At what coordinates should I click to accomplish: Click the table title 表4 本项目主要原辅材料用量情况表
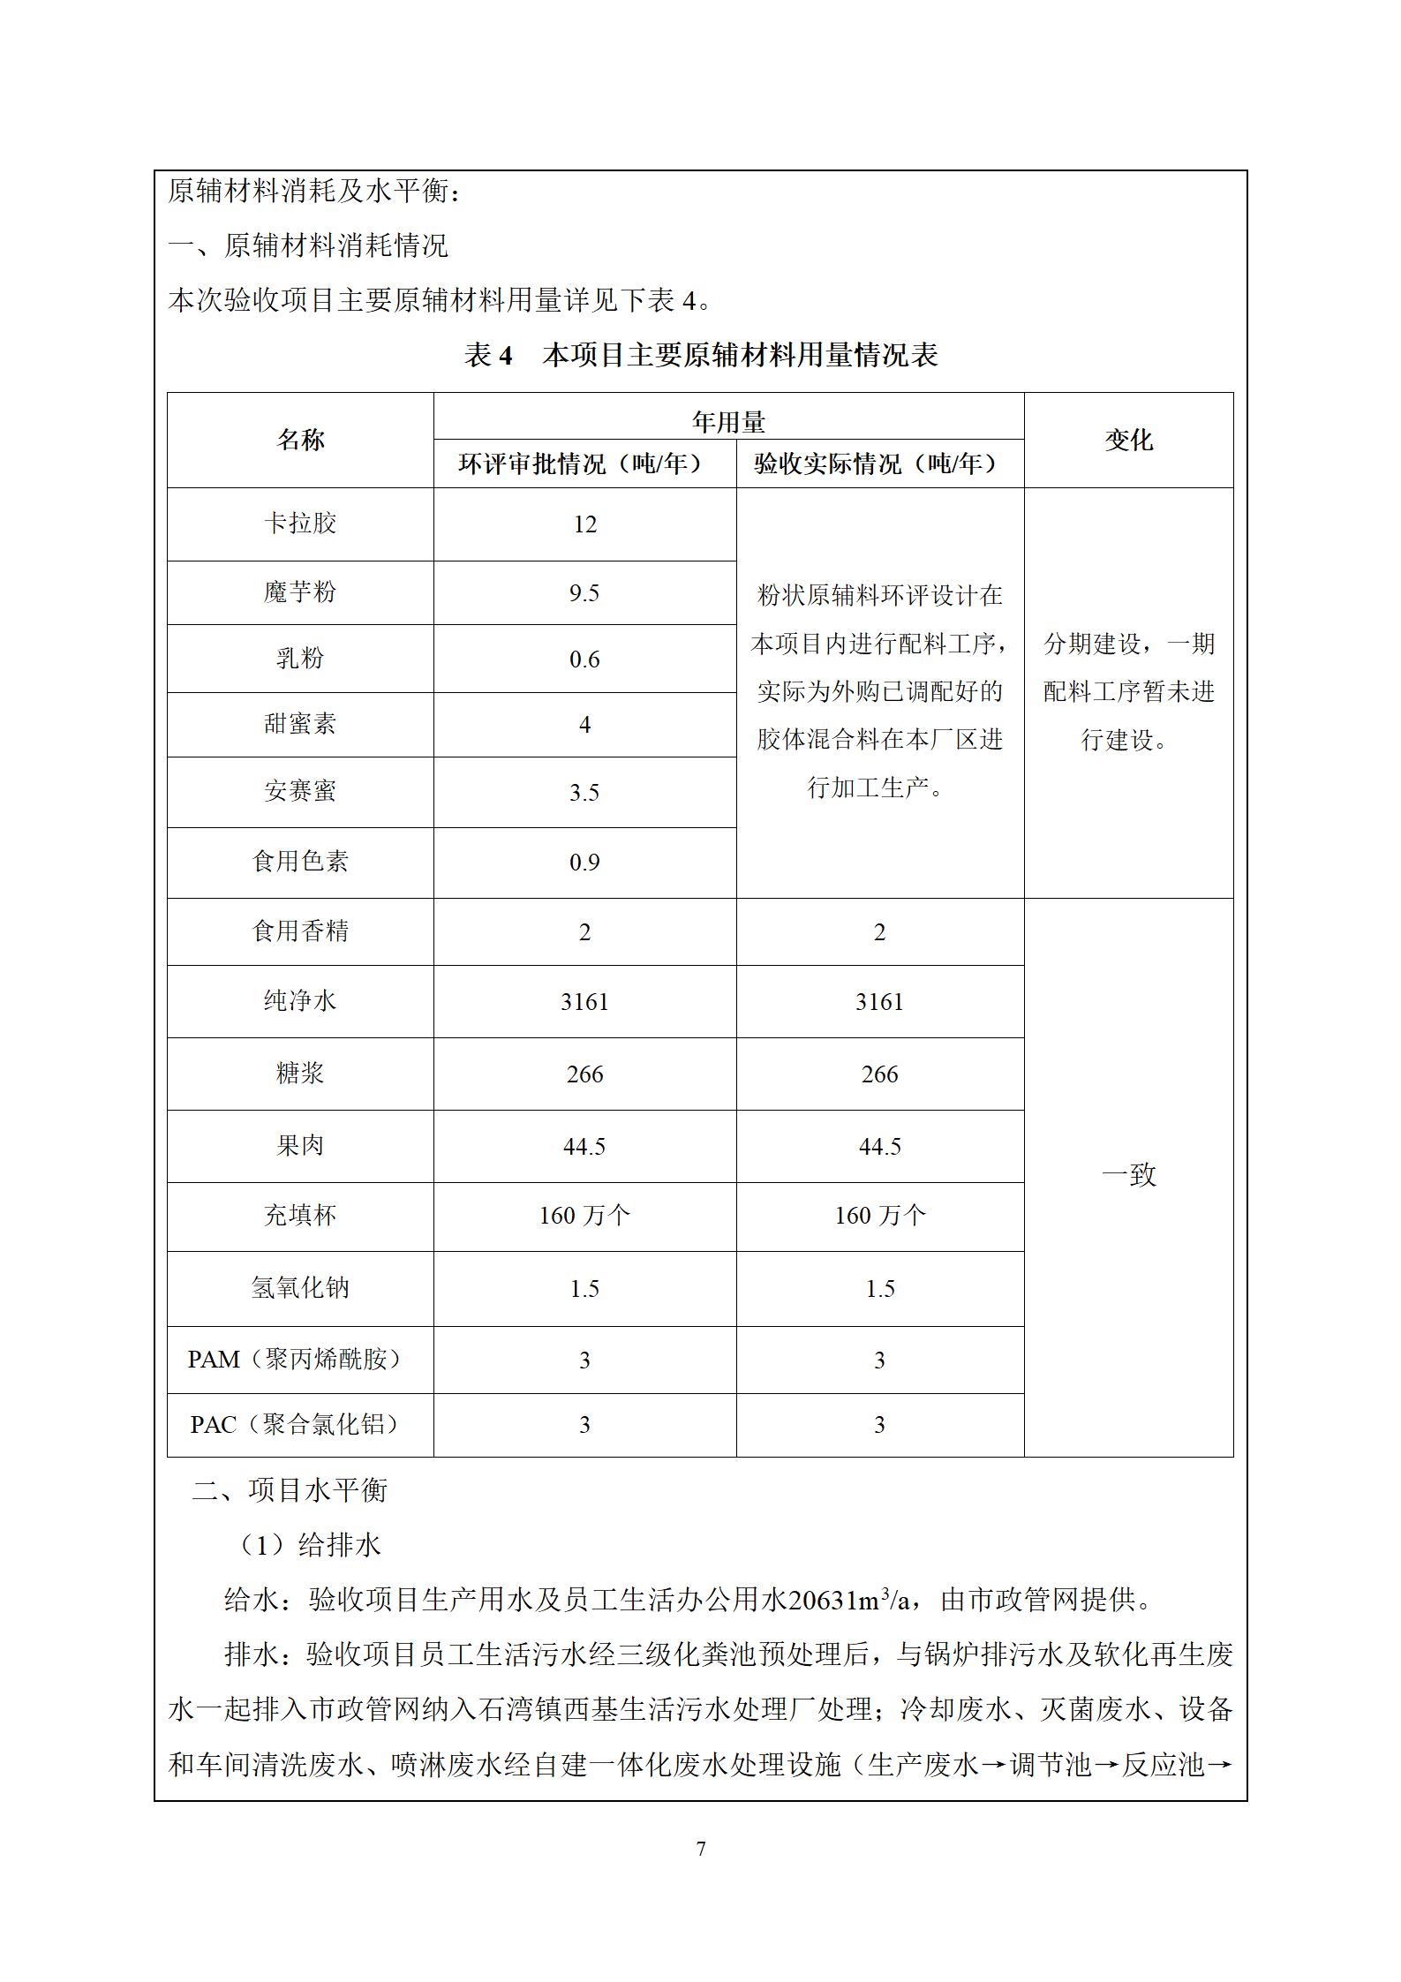[x=700, y=355]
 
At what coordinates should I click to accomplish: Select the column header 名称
[x=300, y=440]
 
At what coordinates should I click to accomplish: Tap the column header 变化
[x=1128, y=440]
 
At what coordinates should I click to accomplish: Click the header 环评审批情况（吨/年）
[x=584, y=464]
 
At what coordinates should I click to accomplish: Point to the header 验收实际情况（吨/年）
[x=879, y=464]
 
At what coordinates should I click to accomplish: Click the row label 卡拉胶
[x=300, y=524]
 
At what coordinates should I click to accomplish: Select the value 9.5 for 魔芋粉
[x=584, y=592]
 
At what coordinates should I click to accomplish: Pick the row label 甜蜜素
[x=300, y=725]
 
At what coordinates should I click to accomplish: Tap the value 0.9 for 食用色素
[x=584, y=862]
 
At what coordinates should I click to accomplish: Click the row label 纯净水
[x=300, y=1001]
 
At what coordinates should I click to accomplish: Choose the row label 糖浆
[x=300, y=1074]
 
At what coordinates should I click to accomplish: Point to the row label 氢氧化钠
[x=300, y=1288]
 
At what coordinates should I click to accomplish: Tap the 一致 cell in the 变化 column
[x=1128, y=1175]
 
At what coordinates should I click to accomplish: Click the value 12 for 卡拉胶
[x=584, y=524]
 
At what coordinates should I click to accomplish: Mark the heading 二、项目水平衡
[x=290, y=1490]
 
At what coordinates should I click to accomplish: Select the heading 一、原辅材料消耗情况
[x=308, y=245]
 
